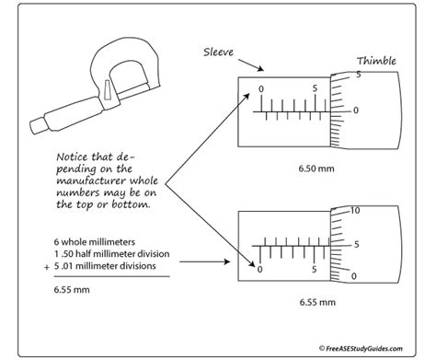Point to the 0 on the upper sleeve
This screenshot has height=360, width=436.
262,89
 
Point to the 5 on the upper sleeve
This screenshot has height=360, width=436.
316,89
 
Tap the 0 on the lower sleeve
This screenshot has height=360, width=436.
262,271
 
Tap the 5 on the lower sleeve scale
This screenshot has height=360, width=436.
316,271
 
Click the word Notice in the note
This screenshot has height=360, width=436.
74,157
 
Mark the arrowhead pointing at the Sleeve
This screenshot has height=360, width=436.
266,67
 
